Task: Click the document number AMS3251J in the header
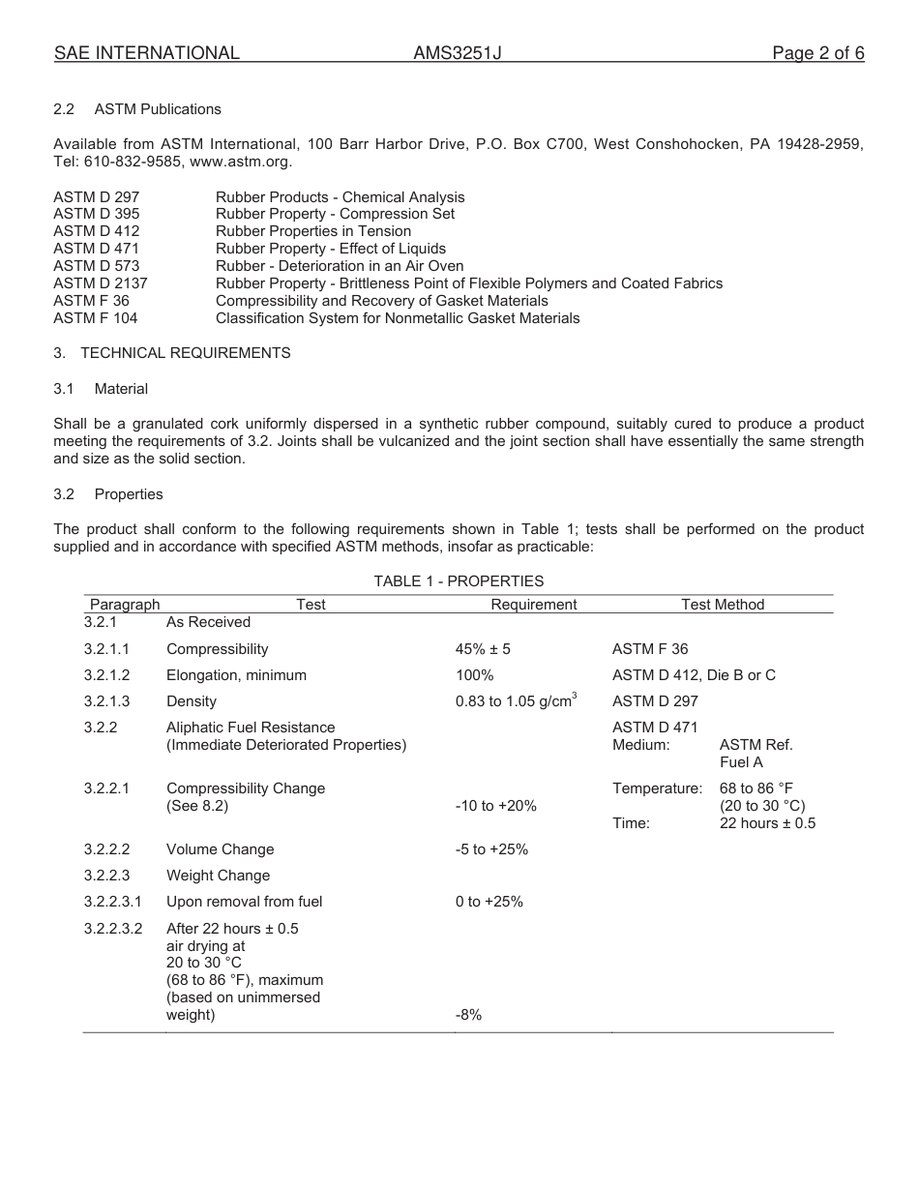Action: [458, 54]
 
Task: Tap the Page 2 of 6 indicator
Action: [817, 54]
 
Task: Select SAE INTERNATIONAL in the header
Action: [147, 54]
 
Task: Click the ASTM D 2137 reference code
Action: [101, 283]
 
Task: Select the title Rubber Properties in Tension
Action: [313, 231]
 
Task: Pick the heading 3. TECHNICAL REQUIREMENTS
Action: [172, 353]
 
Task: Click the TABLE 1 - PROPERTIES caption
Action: [459, 581]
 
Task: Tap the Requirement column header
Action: [533, 605]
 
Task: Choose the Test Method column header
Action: [723, 605]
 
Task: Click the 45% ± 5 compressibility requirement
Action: [483, 649]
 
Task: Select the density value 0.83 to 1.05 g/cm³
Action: [516, 701]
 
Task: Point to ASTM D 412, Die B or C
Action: [694, 675]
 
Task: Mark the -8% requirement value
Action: [468, 1015]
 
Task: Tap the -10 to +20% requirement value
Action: [495, 806]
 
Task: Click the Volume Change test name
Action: [220, 849]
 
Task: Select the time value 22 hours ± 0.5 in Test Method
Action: [767, 823]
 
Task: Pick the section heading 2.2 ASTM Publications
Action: [137, 109]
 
